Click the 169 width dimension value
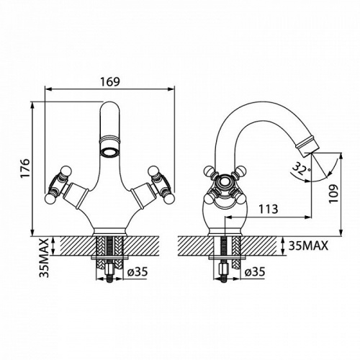(109, 82)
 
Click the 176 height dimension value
(25, 168)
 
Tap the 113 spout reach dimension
(269, 209)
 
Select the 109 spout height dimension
(333, 194)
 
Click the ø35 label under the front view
(138, 272)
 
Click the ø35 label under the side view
(255, 272)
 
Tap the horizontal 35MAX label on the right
(308, 246)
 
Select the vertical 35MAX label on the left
(44, 258)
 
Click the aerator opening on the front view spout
(109, 152)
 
